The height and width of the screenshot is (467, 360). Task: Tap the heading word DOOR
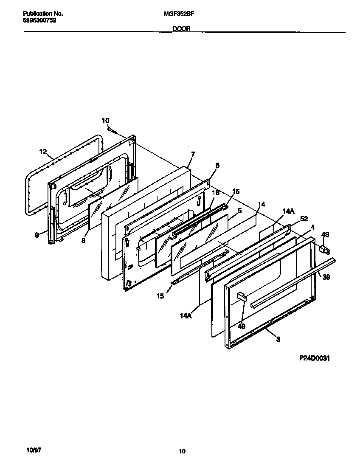tap(181, 29)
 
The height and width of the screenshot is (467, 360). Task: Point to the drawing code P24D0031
tap(315, 358)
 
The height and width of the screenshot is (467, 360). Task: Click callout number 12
tap(42, 151)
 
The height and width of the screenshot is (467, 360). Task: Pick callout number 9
tap(37, 234)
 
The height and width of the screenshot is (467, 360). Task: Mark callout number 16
tap(215, 193)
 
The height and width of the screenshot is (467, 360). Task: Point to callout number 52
tap(304, 219)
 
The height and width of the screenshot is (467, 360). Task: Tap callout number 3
tap(278, 339)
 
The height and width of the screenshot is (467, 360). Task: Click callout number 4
tap(312, 227)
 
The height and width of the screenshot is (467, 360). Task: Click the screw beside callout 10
tap(111, 129)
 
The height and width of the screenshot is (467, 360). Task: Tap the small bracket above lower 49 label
tap(242, 295)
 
